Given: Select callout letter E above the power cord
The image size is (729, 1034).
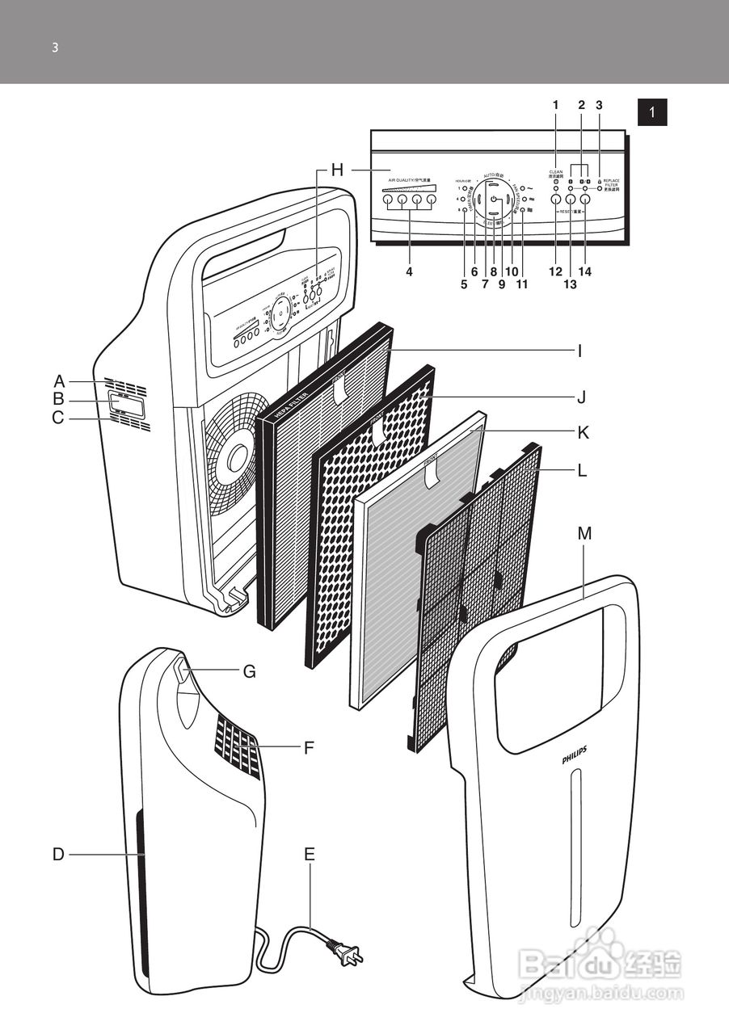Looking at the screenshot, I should pyautogui.click(x=310, y=854).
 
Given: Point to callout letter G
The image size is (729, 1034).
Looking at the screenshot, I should pyautogui.click(x=249, y=671).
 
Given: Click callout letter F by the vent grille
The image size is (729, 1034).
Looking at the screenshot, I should pyautogui.click(x=309, y=748).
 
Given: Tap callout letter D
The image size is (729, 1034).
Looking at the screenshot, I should pyautogui.click(x=58, y=854).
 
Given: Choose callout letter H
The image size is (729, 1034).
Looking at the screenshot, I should pyautogui.click(x=337, y=170).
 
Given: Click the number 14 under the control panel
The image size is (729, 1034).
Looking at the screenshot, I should pyautogui.click(x=584, y=272).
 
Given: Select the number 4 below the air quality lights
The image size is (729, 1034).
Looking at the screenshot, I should pyautogui.click(x=409, y=272).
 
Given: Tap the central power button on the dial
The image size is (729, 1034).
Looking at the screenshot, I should pyautogui.click(x=493, y=198).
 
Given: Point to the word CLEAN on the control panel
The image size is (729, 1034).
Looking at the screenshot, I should pyautogui.click(x=556, y=171).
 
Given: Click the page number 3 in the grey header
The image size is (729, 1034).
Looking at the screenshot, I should pyautogui.click(x=55, y=47).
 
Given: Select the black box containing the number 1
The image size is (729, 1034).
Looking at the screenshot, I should pyautogui.click(x=652, y=111).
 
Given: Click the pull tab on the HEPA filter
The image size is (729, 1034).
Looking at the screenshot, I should pyautogui.click(x=339, y=389).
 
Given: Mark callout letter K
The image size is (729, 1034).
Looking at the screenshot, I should pyautogui.click(x=583, y=433).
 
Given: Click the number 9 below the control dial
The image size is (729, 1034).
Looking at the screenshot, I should pyautogui.click(x=501, y=284).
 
